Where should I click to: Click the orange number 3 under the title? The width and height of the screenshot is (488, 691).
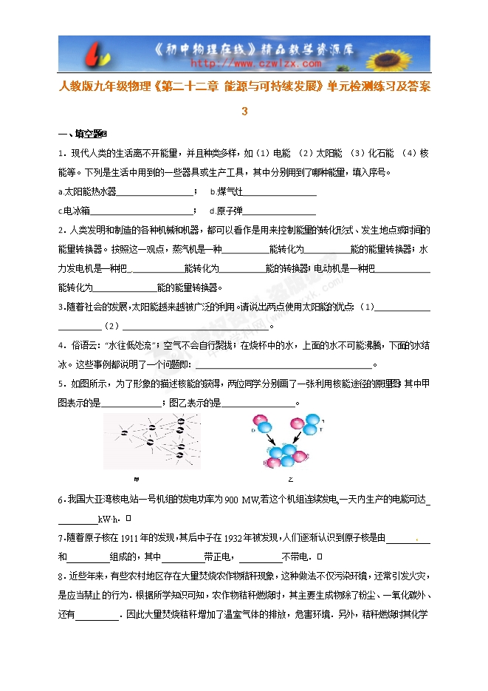(244, 112)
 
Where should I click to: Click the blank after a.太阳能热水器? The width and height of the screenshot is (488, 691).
(155, 191)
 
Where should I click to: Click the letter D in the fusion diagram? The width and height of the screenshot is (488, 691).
(254, 428)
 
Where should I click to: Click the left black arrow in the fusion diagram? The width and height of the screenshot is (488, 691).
(268, 440)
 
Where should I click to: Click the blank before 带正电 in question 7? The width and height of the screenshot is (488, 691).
(182, 556)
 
